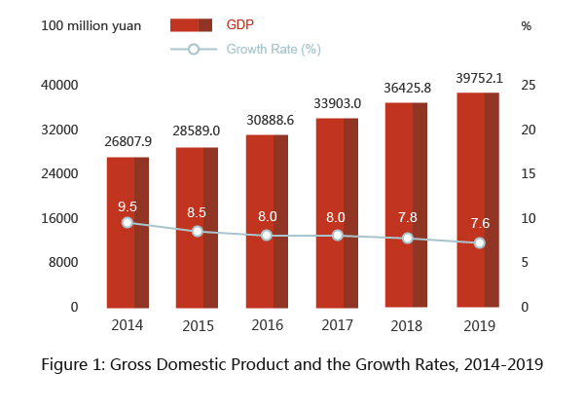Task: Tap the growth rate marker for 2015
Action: [x=198, y=232]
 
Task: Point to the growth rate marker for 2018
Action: [x=408, y=239]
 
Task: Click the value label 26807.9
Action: [x=128, y=142]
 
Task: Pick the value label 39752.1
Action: [x=479, y=78]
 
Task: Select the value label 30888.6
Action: [x=267, y=119]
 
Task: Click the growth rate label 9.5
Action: [x=128, y=206]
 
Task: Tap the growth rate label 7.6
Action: [x=479, y=223]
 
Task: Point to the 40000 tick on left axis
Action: [x=59, y=86]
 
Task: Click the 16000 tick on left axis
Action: [x=59, y=218]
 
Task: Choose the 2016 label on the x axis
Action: [x=268, y=325]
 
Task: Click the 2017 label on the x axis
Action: [x=337, y=325]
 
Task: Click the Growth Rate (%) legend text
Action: [x=274, y=49]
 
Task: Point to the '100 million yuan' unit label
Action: [x=91, y=25]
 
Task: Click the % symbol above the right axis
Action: [x=527, y=25]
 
